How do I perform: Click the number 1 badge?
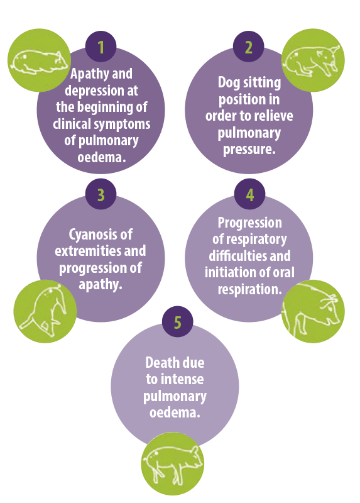coord(101,47)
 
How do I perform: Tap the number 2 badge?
coord(248,47)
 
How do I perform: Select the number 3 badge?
coord(101,194)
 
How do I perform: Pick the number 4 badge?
coord(249,194)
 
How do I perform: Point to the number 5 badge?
coord(178,322)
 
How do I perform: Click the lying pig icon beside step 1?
coord(39,60)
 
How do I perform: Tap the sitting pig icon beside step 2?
coord(313,60)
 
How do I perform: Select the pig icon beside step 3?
coord(45,311)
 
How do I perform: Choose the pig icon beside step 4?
coord(313,311)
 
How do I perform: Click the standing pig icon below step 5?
coord(173,464)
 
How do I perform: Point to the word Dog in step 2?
coord(229,83)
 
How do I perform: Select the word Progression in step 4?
coord(249,223)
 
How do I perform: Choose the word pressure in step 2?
coord(249,150)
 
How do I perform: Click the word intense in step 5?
coord(182,380)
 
